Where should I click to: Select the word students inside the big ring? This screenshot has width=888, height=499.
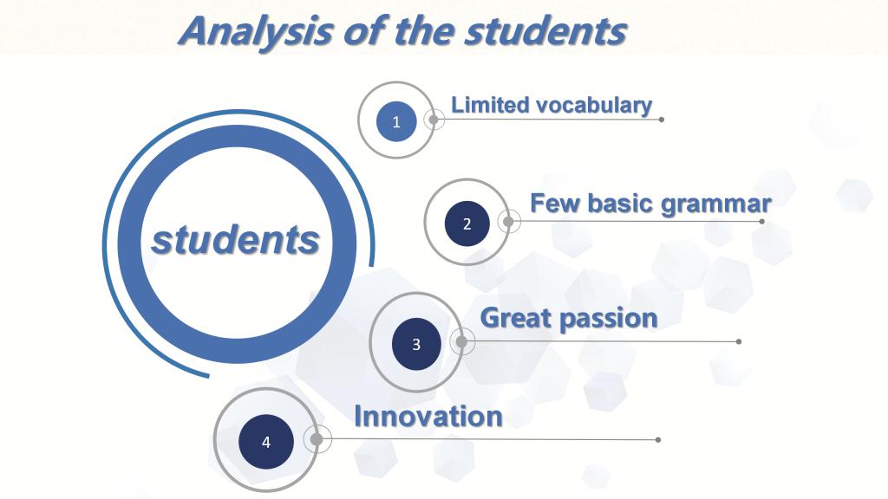coord(236,240)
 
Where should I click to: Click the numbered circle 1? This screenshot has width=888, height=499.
coord(396,121)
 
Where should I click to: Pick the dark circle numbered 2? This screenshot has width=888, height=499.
coord(467,224)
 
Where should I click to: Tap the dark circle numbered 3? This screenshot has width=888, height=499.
coord(416,344)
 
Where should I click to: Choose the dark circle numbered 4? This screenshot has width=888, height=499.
coord(266,442)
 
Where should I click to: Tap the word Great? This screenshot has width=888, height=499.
coord(516,318)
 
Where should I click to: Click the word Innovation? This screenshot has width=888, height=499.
coord(428,417)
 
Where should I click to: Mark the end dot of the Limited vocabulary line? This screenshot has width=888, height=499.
coord(662,120)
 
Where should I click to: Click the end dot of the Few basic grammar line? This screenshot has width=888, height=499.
coord(761,221)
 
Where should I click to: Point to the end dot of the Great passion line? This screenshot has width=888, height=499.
coord(739,341)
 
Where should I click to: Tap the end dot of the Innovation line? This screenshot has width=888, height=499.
coord(657,439)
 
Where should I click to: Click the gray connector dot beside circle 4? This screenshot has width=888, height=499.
coord(317,439)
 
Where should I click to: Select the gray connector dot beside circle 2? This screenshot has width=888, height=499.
coord(508,221)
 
